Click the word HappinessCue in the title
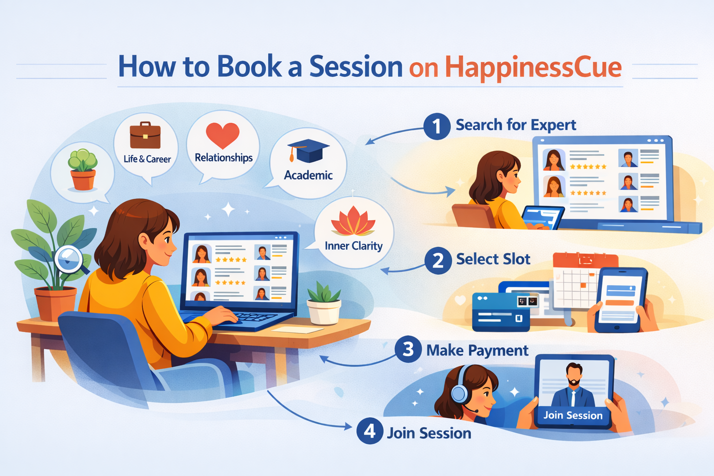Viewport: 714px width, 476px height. pyautogui.click(x=533, y=67)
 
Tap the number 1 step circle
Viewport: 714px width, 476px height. pyautogui.click(x=436, y=126)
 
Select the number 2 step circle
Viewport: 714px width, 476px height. pyautogui.click(x=437, y=260)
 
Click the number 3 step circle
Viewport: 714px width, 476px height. pyautogui.click(x=408, y=349)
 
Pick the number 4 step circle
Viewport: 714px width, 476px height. pyautogui.click(x=370, y=431)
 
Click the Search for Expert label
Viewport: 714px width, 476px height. pyautogui.click(x=516, y=125)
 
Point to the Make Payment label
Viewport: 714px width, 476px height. pyautogui.click(x=477, y=350)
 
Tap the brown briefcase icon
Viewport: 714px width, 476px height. pyautogui.click(x=145, y=135)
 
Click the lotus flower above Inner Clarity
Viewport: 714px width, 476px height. pyautogui.click(x=353, y=222)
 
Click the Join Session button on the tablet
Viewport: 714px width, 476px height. pyautogui.click(x=573, y=415)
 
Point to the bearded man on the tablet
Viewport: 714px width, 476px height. pyautogui.click(x=574, y=384)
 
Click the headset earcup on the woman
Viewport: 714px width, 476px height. pyautogui.click(x=459, y=394)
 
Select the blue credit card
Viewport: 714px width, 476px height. pyautogui.click(x=500, y=312)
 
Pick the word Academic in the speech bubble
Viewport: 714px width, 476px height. pyautogui.click(x=308, y=175)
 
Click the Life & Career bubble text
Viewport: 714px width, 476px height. pyautogui.click(x=147, y=159)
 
